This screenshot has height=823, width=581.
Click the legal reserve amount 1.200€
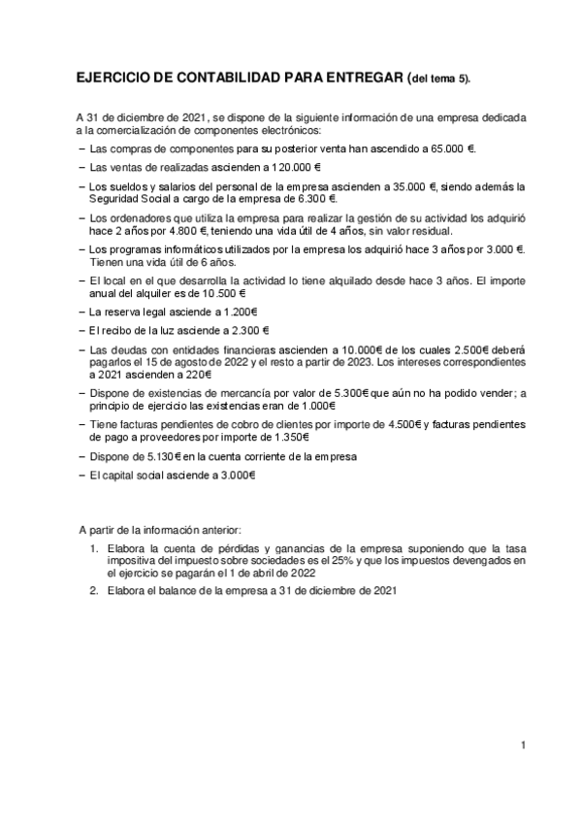tap(238, 313)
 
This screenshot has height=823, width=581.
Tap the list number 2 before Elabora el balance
tap(93, 589)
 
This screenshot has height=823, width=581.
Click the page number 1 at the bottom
tap(523, 745)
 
